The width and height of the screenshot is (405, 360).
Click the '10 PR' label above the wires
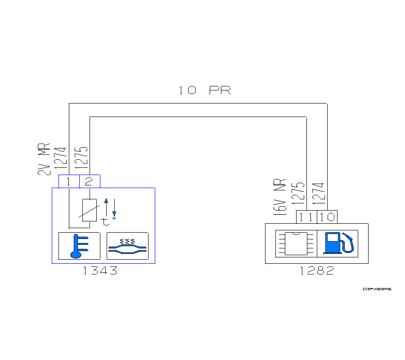coord(204,90)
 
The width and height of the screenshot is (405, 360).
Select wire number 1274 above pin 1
coord(61,157)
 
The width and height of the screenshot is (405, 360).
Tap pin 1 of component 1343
coord(69,181)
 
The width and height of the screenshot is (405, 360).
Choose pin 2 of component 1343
coord(89,181)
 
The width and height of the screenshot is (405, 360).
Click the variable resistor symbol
coord(90,210)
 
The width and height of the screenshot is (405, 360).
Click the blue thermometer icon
coord(79,246)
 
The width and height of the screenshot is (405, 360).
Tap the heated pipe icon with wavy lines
coord(127,246)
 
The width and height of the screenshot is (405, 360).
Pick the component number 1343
coord(100,271)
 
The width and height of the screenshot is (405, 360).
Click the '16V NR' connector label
coord(281,197)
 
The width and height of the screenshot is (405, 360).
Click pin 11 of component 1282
coord(306,217)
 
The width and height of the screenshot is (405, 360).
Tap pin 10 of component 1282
coord(327,217)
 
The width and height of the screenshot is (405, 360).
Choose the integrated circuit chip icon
coord(296,243)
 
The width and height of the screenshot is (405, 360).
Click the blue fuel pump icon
coord(338,243)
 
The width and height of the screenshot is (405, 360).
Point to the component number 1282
coord(317,271)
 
